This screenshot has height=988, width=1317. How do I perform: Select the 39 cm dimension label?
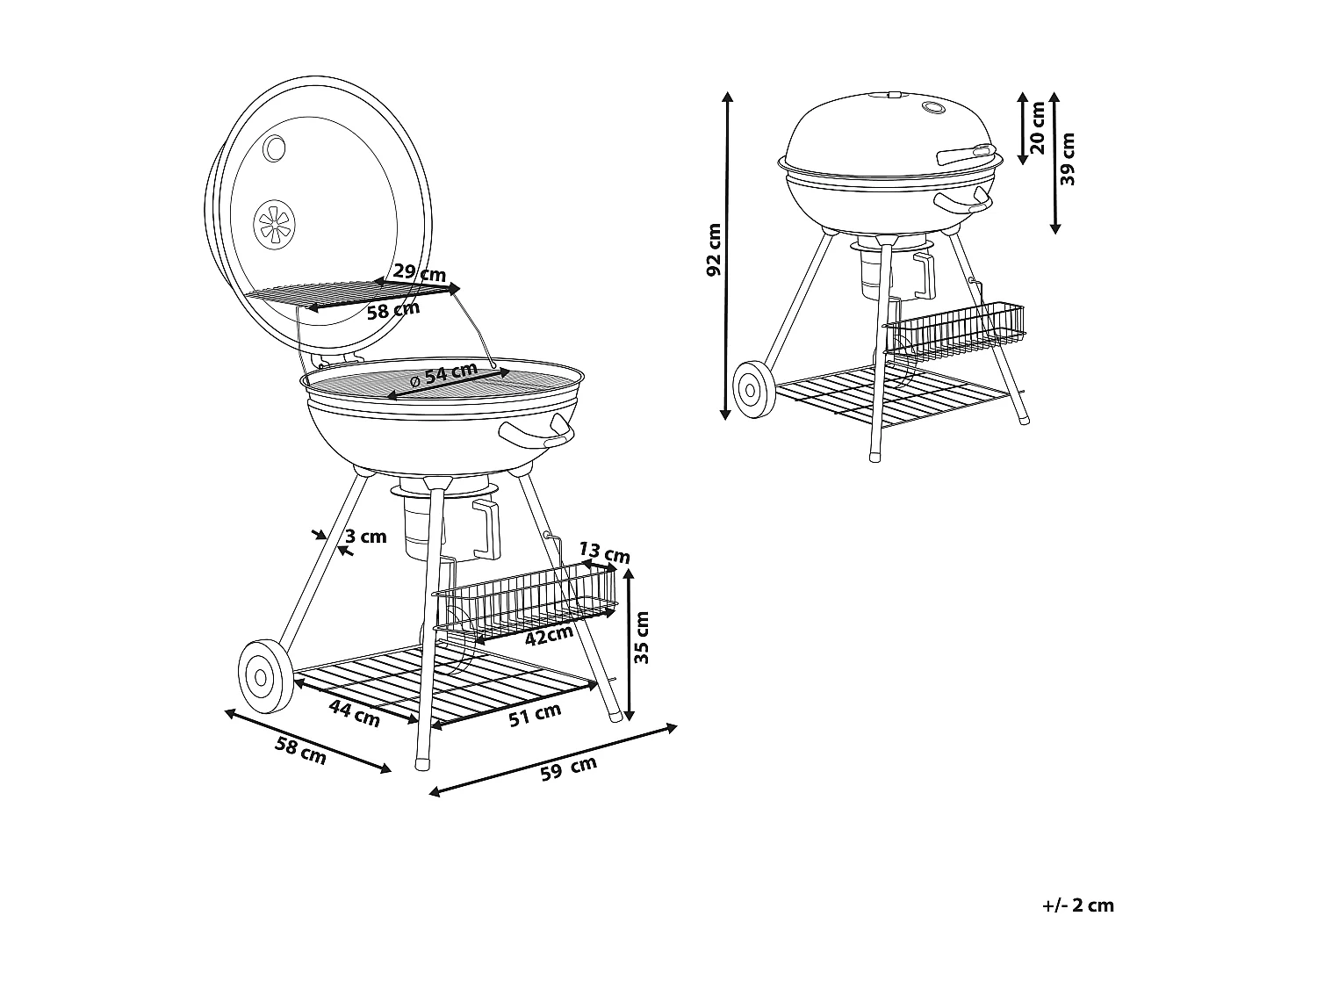click(x=1068, y=159)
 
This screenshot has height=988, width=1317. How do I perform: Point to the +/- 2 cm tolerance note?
click(x=1077, y=905)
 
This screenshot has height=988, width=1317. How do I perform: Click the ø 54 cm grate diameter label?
click(x=444, y=375)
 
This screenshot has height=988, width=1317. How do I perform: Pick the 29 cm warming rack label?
click(x=419, y=271)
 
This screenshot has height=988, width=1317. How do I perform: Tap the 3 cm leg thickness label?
click(x=365, y=537)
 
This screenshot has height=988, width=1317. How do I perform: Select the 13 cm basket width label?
click(x=605, y=553)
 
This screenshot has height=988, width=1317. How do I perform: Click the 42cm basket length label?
click(x=549, y=634)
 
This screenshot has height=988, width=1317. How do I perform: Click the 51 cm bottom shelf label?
click(x=535, y=715)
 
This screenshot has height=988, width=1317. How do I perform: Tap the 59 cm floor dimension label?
click(x=568, y=768)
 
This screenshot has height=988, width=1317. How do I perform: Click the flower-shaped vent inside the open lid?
click(x=275, y=224)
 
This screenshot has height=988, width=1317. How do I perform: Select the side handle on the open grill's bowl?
click(x=536, y=432)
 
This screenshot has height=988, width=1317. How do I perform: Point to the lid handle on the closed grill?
click(x=962, y=155)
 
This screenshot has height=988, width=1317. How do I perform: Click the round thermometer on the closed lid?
click(x=932, y=109)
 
